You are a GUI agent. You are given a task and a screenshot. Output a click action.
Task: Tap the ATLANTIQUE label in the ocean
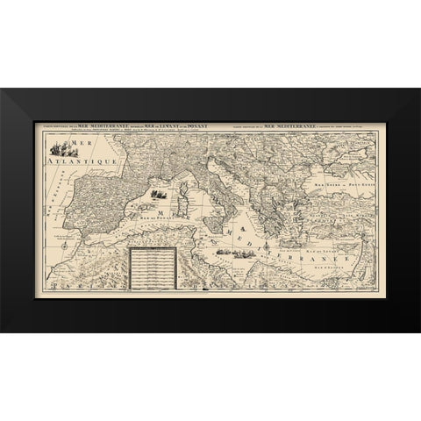tap(69, 161)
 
